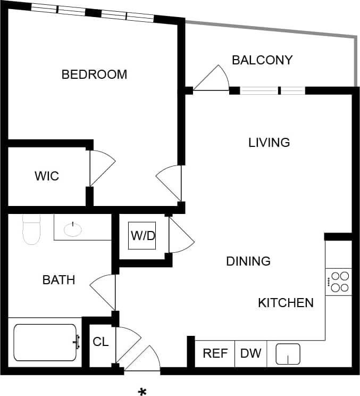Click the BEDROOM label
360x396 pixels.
coord(94,75)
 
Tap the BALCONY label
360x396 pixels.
coord(262,60)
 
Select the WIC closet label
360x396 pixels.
coord(47,176)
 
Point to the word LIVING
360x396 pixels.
coord(269,143)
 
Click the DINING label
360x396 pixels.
coord(248,261)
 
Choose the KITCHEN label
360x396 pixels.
coord(286,303)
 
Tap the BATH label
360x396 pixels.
coord(58,280)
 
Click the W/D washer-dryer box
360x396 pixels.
coord(143,235)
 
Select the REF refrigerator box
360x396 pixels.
coord(215,353)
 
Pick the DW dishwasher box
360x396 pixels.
coord(251,353)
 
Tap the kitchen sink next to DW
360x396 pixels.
coord(288,354)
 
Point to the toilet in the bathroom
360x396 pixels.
coord(31,229)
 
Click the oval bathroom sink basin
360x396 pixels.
coord(72,229)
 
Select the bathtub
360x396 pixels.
coord(46,342)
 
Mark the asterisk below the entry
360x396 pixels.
coord(143,392)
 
